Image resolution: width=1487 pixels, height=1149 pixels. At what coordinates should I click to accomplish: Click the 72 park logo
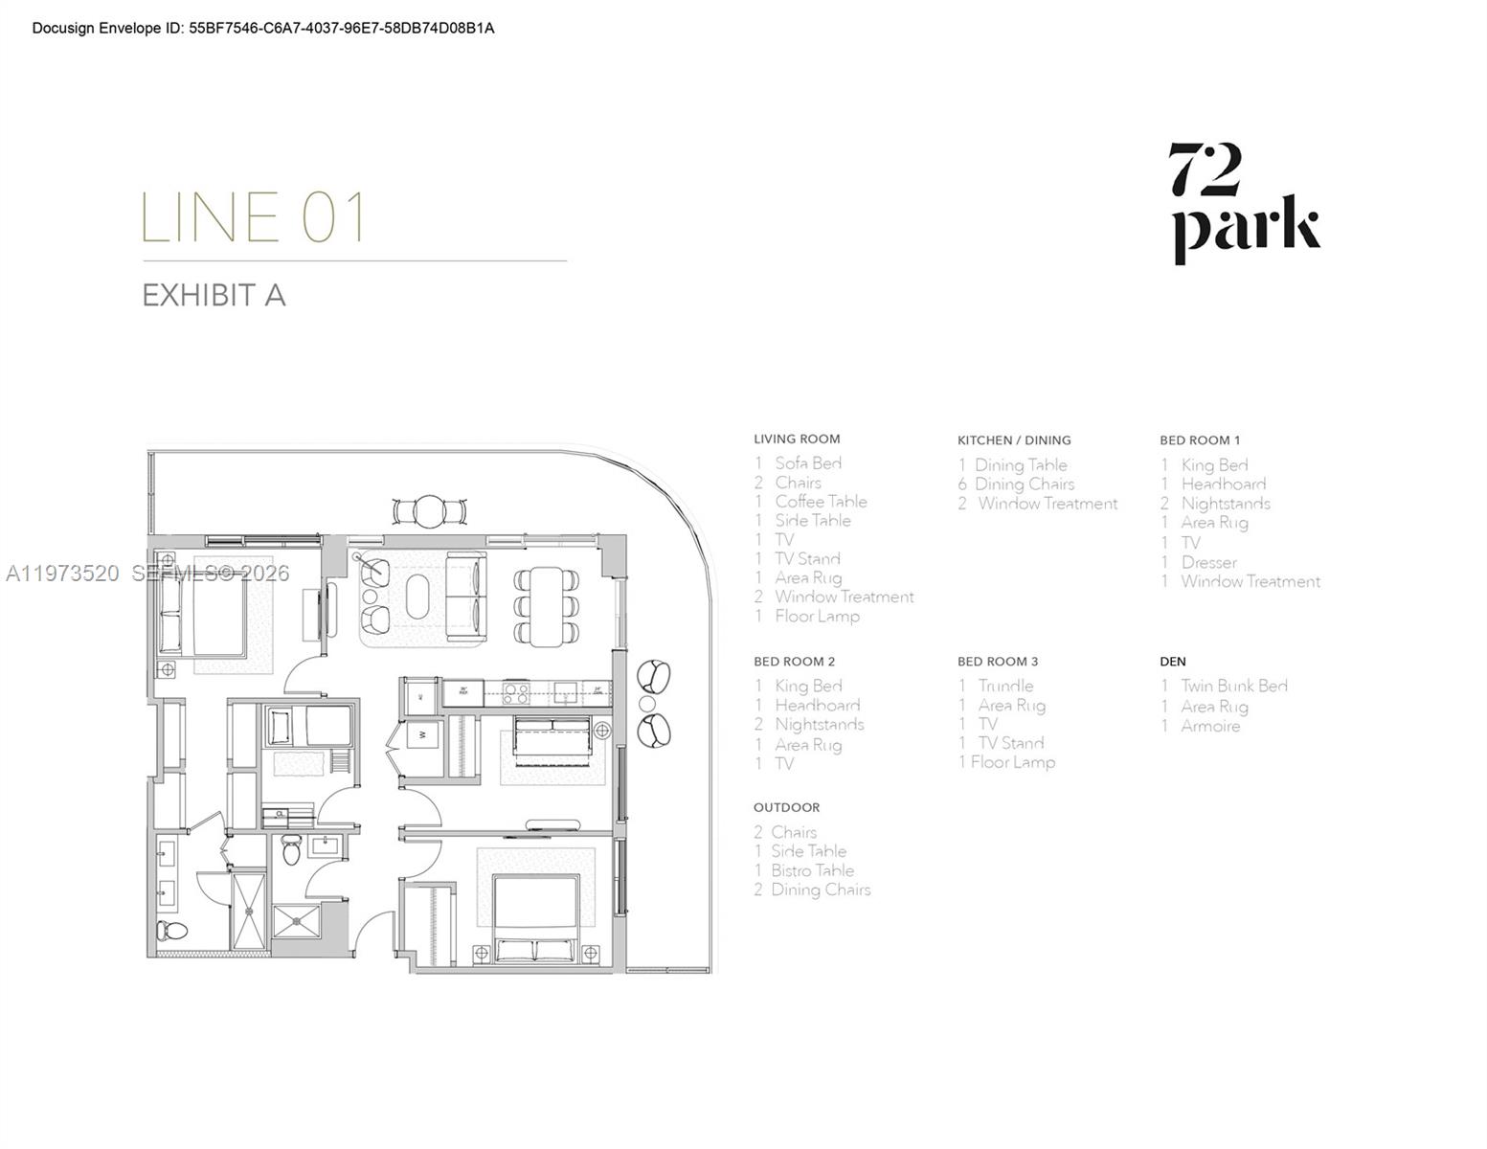click(1245, 203)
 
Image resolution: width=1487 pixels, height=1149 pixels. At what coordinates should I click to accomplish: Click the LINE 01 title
click(254, 217)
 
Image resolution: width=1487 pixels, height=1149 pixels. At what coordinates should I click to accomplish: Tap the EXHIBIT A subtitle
click(214, 295)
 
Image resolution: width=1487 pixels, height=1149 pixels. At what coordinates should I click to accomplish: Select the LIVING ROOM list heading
click(796, 439)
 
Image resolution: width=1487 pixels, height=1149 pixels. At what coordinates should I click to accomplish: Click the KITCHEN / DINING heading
click(1013, 440)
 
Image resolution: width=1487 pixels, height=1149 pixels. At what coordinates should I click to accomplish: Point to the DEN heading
click(1172, 662)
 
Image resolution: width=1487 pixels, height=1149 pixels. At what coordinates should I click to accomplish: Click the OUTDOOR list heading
click(786, 808)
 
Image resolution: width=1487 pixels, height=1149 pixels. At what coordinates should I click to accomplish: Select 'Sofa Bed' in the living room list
click(807, 463)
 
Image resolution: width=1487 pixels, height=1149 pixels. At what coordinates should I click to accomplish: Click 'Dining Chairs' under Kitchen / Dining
click(1024, 484)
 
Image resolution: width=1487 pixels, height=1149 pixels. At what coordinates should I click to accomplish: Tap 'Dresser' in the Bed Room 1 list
click(1207, 562)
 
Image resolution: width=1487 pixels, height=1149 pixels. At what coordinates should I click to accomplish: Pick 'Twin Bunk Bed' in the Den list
click(1233, 687)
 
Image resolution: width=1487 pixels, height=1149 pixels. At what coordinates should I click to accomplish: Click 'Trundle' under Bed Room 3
click(1004, 687)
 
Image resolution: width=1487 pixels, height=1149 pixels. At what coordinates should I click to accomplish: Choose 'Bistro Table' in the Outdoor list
click(811, 870)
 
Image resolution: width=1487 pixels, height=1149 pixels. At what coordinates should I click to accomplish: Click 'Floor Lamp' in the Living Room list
click(816, 617)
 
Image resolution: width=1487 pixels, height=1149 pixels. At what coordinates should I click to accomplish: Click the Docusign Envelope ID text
click(263, 29)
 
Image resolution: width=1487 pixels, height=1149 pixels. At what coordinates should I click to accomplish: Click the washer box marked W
click(422, 735)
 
